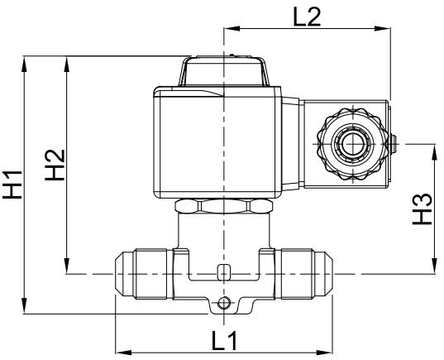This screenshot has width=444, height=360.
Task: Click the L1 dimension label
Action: [x=222, y=340]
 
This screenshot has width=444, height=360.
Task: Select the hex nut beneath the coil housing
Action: [x=223, y=206]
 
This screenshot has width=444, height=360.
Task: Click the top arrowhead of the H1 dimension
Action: [x=26, y=60]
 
